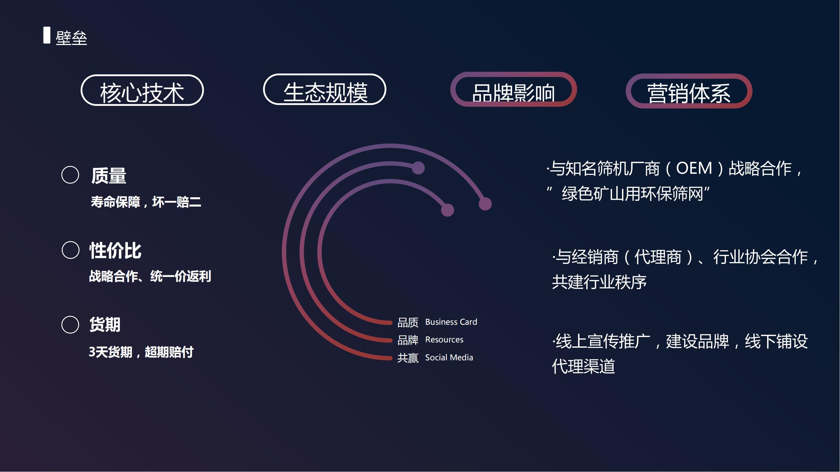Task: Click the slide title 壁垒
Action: click(x=71, y=38)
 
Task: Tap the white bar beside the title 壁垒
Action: click(x=47, y=35)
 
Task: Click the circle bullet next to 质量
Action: click(x=71, y=175)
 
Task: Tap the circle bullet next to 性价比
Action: click(x=71, y=250)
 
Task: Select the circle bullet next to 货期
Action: click(x=71, y=325)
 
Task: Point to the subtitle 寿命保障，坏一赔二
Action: click(x=146, y=202)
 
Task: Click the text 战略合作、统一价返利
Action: click(x=150, y=276)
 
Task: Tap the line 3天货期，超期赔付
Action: click(x=141, y=352)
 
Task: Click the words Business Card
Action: click(x=451, y=322)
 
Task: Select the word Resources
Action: click(x=444, y=340)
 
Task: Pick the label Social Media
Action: click(x=449, y=358)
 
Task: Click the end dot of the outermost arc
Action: click(x=485, y=204)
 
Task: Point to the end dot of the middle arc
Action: click(x=418, y=168)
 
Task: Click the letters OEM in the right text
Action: click(x=694, y=168)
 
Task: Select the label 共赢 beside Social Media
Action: click(x=408, y=358)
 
